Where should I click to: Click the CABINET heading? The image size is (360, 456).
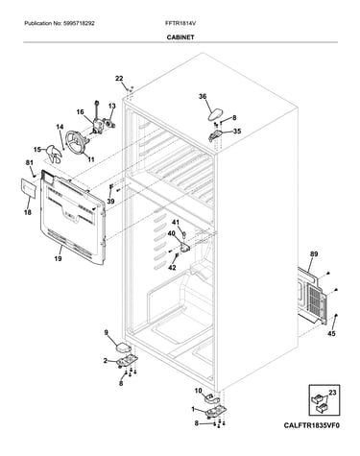(x=180, y=37)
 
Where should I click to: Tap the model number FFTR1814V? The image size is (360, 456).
(x=178, y=23)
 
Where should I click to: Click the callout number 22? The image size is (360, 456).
(x=119, y=79)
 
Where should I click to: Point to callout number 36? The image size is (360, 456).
(x=203, y=96)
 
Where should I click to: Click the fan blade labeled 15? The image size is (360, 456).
(x=55, y=155)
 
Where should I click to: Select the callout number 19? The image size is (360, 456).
(x=58, y=258)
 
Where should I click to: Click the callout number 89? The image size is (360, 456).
(x=314, y=254)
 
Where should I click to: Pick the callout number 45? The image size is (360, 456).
(x=332, y=334)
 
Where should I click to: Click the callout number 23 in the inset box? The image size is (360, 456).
(x=332, y=392)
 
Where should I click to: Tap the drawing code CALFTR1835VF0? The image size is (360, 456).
(x=311, y=425)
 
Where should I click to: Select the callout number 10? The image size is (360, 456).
(x=198, y=391)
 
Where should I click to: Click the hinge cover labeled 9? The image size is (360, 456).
(x=123, y=348)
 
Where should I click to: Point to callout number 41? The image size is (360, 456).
(x=176, y=222)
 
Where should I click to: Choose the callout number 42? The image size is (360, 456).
(x=172, y=268)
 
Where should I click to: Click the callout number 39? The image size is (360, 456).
(x=110, y=202)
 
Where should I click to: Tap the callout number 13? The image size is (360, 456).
(x=111, y=106)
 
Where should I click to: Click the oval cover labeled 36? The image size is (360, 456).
(x=215, y=115)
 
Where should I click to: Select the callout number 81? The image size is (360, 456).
(x=29, y=163)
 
